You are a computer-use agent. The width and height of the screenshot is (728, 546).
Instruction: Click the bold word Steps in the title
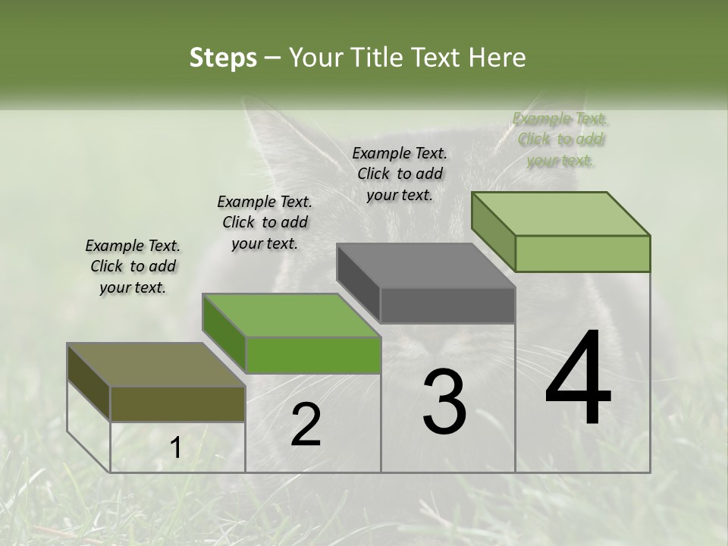223,58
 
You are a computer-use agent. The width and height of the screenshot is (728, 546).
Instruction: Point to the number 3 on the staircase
444,402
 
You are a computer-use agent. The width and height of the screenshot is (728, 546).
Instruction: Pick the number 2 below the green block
306,425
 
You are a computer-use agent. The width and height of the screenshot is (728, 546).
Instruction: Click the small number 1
175,448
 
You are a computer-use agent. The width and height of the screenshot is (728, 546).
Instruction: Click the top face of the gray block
425,265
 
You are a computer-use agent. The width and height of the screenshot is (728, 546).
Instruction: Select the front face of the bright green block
313,355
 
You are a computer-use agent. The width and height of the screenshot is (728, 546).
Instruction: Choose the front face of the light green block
582,253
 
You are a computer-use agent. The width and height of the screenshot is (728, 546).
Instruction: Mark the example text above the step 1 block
133,266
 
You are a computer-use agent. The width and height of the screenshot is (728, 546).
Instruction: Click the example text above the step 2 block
265,222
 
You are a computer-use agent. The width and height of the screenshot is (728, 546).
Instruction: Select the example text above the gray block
400,174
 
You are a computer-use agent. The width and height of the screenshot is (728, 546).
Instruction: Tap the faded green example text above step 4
560,139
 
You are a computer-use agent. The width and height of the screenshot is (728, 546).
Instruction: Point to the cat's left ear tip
254,106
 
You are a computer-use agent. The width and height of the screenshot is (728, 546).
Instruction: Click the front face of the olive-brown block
177,403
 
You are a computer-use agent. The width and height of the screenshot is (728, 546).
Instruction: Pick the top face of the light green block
560,213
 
